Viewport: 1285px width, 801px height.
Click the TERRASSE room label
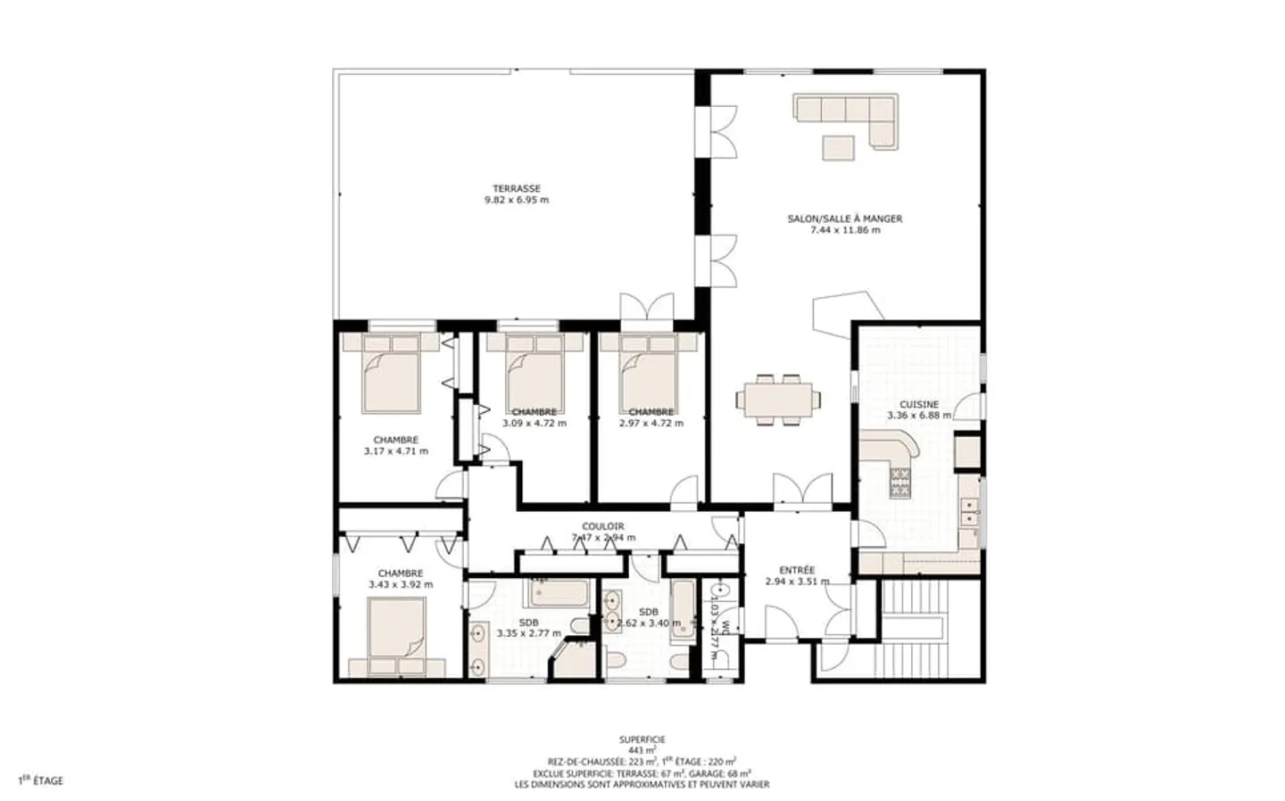pyautogui.click(x=517, y=189)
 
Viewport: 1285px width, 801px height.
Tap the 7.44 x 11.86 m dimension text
pyautogui.click(x=844, y=230)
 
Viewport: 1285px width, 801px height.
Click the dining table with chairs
pyautogui.click(x=775, y=400)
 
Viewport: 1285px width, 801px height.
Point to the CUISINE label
pyautogui.click(x=918, y=404)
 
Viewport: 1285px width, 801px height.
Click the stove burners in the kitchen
pyautogui.click(x=899, y=483)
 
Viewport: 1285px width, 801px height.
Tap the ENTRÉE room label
pyautogui.click(x=797, y=570)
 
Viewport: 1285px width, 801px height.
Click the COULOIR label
pyautogui.click(x=603, y=526)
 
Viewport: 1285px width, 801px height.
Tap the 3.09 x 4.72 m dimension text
pyautogui.click(x=535, y=424)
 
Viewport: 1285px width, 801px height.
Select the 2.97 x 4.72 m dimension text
pyautogui.click(x=651, y=424)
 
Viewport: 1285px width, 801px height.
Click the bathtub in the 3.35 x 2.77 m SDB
pyautogui.click(x=559, y=592)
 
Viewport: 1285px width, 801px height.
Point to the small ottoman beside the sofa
pyautogui.click(x=838, y=146)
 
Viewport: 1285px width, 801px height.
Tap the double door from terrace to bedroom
pyautogui.click(x=647, y=308)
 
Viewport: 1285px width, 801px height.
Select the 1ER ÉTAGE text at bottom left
pyautogui.click(x=41, y=780)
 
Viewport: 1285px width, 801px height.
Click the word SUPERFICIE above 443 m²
pyautogui.click(x=642, y=739)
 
